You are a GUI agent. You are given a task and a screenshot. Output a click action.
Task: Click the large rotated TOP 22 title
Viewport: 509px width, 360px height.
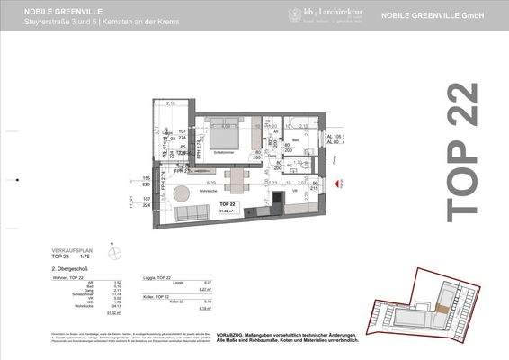[x=461, y=150]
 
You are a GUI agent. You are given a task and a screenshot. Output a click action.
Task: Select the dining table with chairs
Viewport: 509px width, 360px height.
[x=235, y=181]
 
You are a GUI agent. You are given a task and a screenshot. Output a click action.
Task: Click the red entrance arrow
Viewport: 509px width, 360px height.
[x=339, y=184]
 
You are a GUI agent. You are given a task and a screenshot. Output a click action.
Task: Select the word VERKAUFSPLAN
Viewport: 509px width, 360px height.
[x=71, y=251]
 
